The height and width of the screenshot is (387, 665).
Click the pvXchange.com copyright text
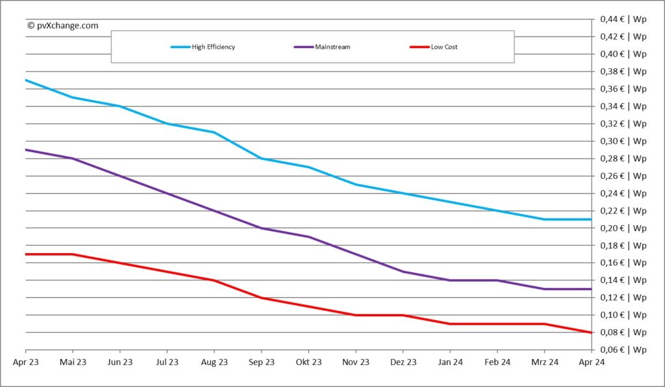(x=63, y=25)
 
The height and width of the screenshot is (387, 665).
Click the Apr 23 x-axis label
(x=25, y=362)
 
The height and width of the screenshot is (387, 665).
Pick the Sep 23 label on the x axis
(x=262, y=362)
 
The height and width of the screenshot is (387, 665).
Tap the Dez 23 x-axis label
(x=403, y=362)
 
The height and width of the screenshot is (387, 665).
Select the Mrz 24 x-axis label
(x=544, y=362)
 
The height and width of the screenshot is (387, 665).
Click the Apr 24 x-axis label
(x=591, y=362)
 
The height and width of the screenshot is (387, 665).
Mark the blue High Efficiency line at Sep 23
(x=262, y=158)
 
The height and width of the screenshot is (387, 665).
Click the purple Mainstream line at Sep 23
(x=262, y=228)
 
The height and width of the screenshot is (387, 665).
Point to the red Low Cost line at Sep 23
(x=262, y=297)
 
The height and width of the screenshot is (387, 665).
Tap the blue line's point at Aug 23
(x=214, y=132)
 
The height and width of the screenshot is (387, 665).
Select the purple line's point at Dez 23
(x=403, y=271)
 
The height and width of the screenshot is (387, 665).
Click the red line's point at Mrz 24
(x=544, y=323)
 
